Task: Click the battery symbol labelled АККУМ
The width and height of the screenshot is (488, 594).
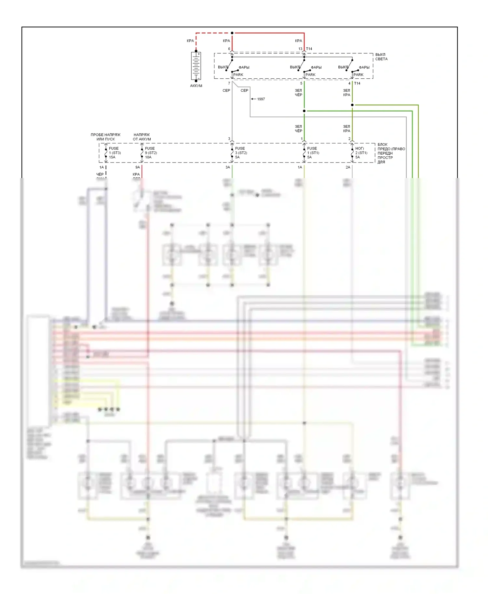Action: coord(196,66)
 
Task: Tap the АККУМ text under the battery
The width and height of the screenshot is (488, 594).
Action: coord(196,86)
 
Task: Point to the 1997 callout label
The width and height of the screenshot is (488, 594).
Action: coord(261,99)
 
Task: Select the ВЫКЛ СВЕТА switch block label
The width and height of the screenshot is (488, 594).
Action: coord(381,57)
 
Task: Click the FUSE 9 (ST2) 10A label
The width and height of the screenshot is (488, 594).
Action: coord(151,153)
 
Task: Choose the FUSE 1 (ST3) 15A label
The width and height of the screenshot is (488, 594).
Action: coord(115,153)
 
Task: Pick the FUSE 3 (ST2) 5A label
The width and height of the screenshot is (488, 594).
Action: coord(241,153)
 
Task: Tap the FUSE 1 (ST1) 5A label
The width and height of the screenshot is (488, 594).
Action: coord(313,153)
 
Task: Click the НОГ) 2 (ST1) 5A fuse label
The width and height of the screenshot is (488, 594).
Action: coord(361,153)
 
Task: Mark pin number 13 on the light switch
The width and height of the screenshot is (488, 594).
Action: coord(300,49)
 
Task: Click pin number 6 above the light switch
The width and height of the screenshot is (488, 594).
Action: coord(229,49)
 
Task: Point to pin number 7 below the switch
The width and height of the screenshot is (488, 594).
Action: coord(229,84)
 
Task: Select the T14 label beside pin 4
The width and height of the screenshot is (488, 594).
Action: coord(357,84)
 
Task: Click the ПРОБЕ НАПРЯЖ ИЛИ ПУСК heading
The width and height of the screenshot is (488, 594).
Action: coord(105,137)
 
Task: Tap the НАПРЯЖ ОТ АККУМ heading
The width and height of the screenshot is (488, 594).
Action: coord(142,137)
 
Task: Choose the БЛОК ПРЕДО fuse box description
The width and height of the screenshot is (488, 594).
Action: coord(390,153)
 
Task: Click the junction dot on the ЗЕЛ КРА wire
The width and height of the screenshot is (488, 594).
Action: coord(352,105)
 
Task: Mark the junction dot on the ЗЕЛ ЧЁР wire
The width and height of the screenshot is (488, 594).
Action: coord(304,111)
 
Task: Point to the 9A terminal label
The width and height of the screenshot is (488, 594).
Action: coord(138,167)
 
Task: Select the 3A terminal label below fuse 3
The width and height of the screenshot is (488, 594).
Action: coord(228,167)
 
